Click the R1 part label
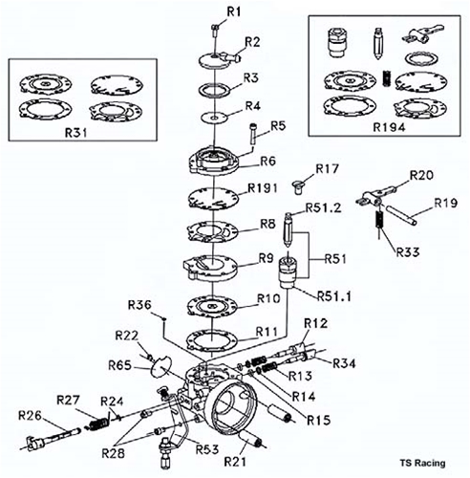click(x=234, y=11)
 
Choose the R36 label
click(x=140, y=306)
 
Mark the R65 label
click(x=119, y=365)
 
